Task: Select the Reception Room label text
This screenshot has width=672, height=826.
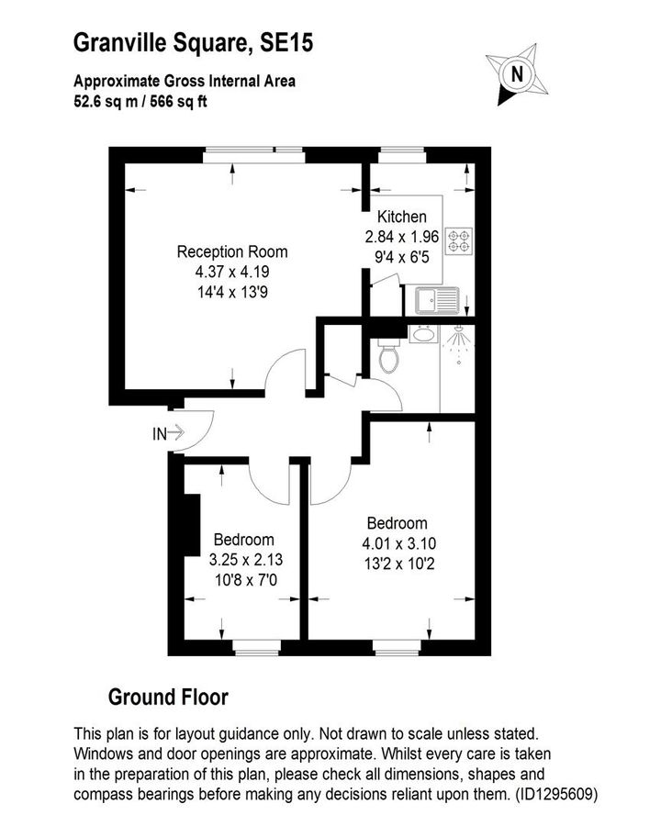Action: point(232,251)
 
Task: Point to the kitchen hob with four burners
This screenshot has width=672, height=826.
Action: point(458,241)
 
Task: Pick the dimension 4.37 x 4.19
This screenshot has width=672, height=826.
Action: point(232,272)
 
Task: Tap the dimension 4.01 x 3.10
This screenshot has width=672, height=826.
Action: point(398,543)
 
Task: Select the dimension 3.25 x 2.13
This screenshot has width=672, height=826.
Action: point(243,559)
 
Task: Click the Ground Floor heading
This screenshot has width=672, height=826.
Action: point(168,698)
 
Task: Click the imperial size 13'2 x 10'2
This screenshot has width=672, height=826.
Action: point(398,563)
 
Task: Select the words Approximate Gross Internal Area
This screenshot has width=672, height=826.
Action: point(185,82)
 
